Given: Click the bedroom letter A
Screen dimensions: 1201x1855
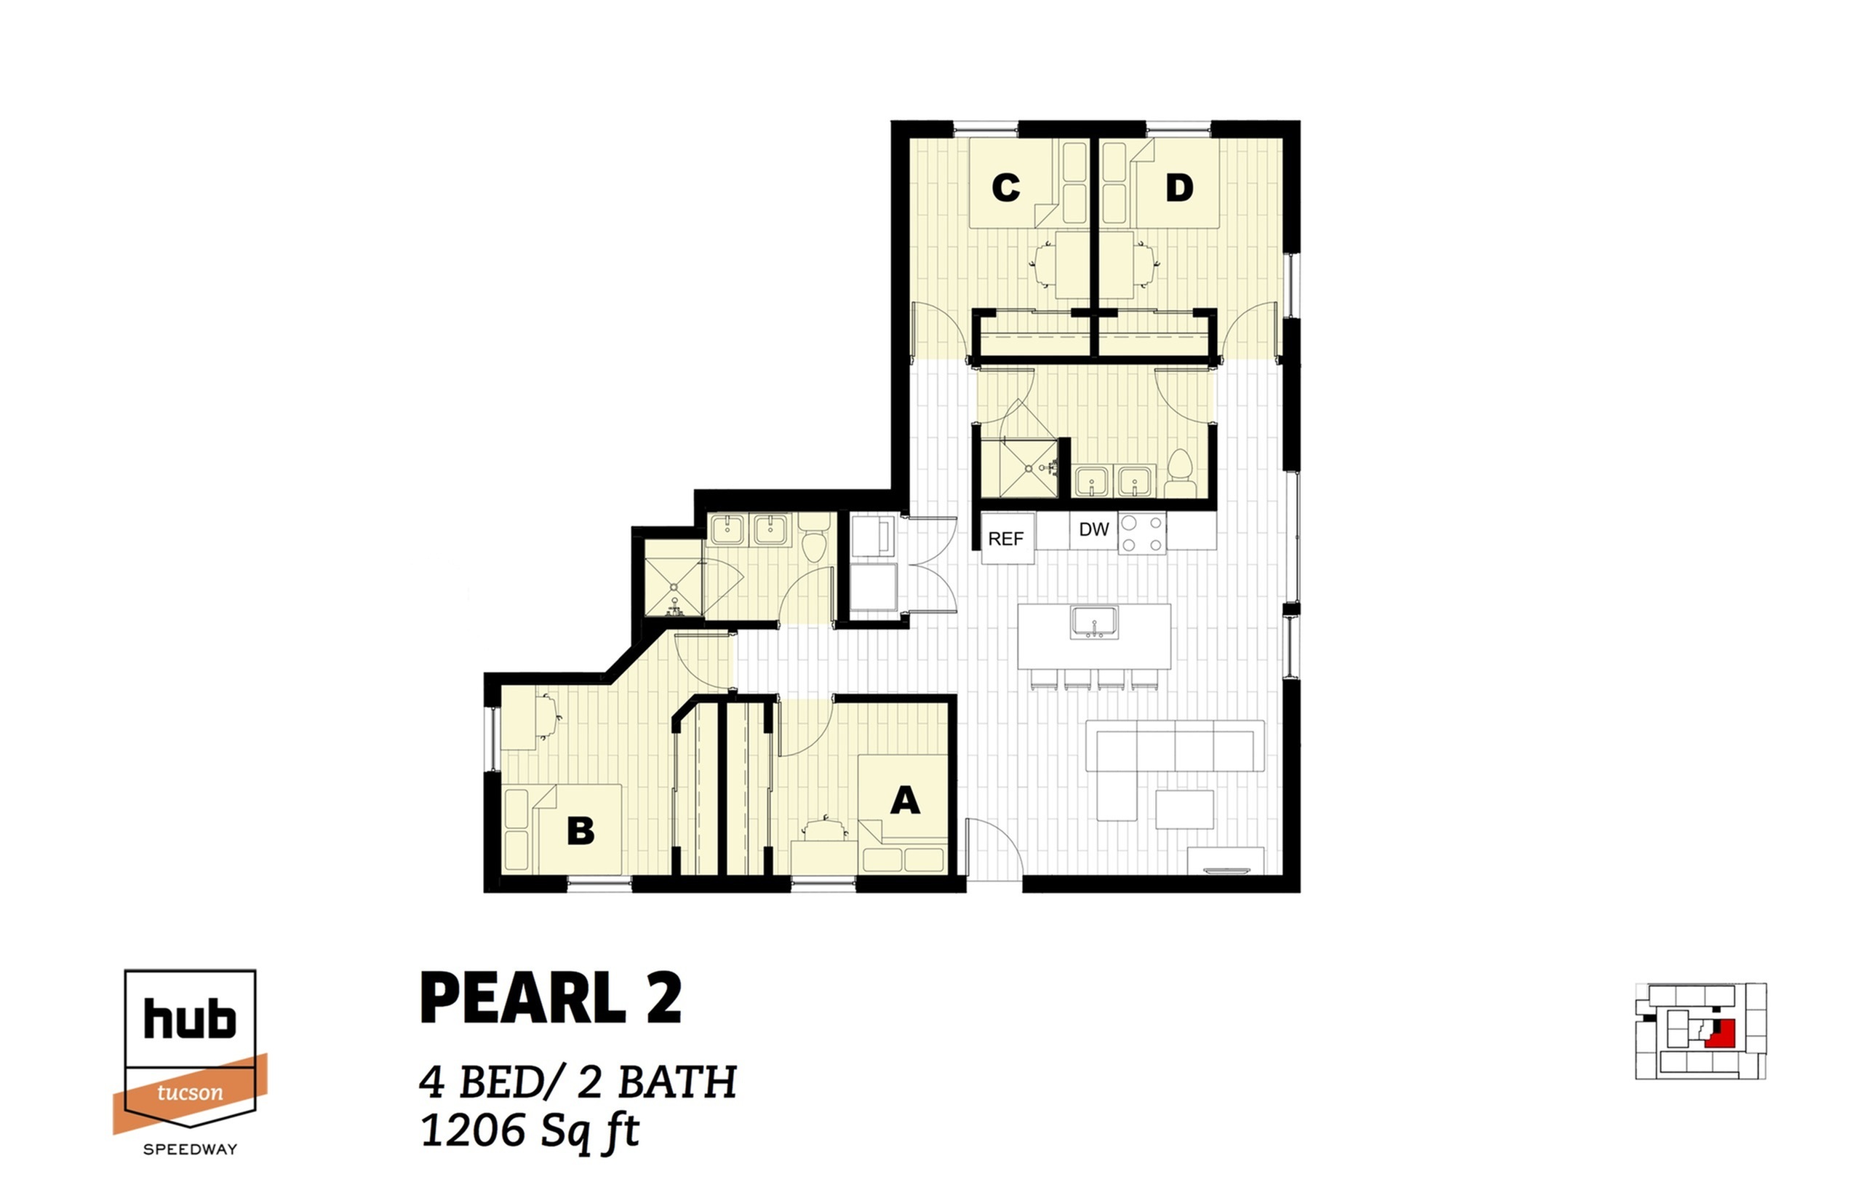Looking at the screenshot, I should click(x=904, y=801).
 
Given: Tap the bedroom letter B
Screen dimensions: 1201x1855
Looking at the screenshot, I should click(x=581, y=831).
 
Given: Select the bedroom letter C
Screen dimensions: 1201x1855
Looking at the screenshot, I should click(x=1005, y=188).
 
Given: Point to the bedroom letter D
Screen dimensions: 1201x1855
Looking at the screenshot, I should click(x=1179, y=188).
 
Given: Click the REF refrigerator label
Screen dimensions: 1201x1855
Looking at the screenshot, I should click(x=1005, y=539).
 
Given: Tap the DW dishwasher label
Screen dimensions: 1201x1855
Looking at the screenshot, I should click(x=1093, y=530).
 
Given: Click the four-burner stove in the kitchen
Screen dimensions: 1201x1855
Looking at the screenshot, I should click(x=1142, y=534).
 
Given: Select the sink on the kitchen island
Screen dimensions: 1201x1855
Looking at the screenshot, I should click(x=1094, y=622).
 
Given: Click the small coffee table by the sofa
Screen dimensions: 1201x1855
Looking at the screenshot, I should click(x=1184, y=809).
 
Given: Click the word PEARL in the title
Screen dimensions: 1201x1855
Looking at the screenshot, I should click(x=522, y=998).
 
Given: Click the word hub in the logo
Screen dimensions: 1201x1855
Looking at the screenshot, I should click(x=189, y=1019).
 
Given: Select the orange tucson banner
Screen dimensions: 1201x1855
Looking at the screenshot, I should click(x=190, y=1093).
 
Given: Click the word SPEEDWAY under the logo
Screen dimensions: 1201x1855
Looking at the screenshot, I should click(x=190, y=1149).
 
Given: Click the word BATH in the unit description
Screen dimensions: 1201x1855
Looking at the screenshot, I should click(x=677, y=1083).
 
